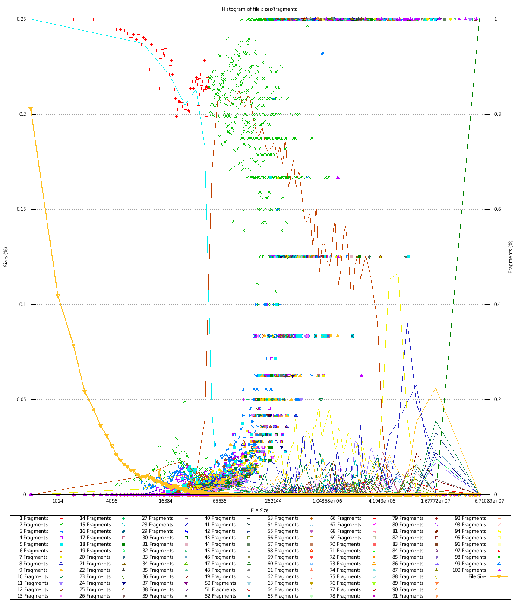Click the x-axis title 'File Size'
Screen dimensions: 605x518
point(259,510)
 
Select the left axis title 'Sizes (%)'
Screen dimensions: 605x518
point(6,257)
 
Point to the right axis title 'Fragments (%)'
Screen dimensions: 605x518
point(511,257)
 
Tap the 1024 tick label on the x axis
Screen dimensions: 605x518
point(57,501)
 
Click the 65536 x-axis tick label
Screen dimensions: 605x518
point(219,501)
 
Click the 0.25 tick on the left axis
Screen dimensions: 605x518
point(21,19)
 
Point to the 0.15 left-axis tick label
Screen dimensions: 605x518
point(21,209)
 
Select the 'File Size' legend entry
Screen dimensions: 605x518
point(477,576)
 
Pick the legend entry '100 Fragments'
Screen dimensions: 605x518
point(469,570)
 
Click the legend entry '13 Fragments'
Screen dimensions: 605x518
point(33,596)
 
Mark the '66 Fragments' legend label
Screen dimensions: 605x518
point(345,518)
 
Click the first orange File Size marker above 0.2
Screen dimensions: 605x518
point(31,109)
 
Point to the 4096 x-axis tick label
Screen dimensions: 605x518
point(111,501)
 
